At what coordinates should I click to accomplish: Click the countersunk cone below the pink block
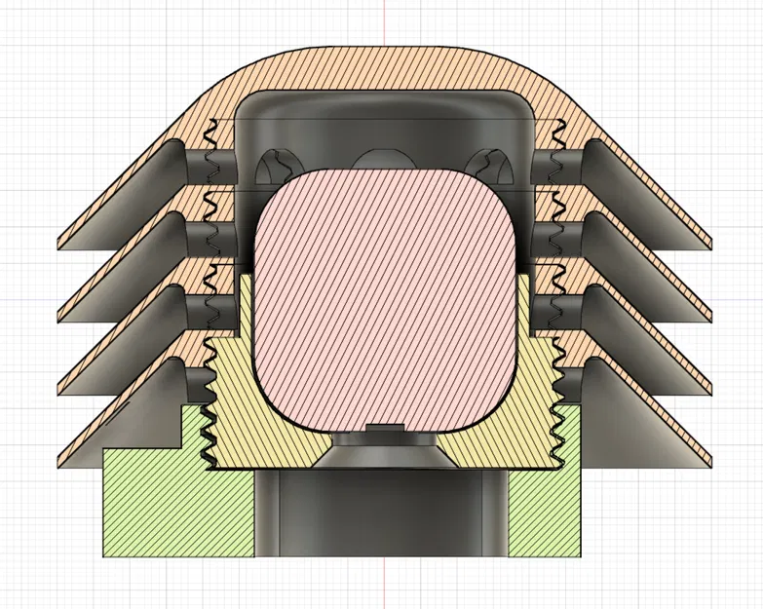(x=384, y=449)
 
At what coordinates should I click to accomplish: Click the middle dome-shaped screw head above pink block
(x=384, y=159)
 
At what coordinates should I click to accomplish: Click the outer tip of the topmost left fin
(x=62, y=243)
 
